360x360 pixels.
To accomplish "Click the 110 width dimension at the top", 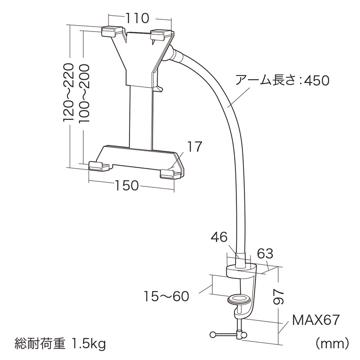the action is [x=137, y=18].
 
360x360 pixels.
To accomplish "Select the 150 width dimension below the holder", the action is [x=126, y=185].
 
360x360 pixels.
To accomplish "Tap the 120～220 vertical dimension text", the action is [x=68, y=92].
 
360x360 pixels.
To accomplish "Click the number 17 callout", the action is [x=194, y=147].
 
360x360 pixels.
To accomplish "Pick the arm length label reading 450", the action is [x=283, y=81].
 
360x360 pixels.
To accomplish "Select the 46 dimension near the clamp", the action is [x=219, y=237].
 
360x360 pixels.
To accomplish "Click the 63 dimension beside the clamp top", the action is [x=265, y=253].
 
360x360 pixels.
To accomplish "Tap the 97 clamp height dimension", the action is [x=279, y=297].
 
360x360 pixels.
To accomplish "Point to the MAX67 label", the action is [x=315, y=320].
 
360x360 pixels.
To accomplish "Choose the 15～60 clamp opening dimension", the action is [x=166, y=296].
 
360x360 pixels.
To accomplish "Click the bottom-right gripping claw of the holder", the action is [x=171, y=174].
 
